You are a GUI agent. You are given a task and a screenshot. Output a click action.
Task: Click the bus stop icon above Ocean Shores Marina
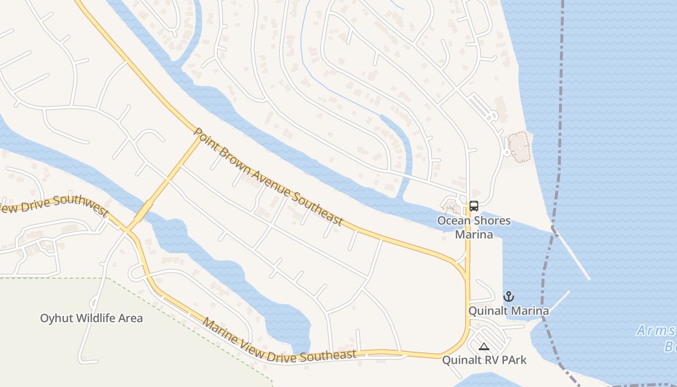click(474, 206)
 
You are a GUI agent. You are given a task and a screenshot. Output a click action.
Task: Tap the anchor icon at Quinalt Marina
click(508, 297)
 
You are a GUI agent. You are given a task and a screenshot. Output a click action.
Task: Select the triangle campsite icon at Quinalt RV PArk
click(484, 346)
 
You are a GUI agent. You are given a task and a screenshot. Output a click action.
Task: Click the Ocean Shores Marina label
click(473, 227)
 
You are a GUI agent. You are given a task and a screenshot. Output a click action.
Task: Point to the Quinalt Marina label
click(509, 311)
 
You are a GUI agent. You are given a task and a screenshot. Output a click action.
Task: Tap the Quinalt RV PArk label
click(485, 360)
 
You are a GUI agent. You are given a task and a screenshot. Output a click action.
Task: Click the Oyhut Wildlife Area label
click(91, 318)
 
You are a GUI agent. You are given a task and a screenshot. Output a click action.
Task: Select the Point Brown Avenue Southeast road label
click(268, 177)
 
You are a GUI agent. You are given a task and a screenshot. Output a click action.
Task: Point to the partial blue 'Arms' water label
click(655, 331)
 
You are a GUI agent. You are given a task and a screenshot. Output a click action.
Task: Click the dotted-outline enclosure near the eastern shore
click(519, 146)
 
